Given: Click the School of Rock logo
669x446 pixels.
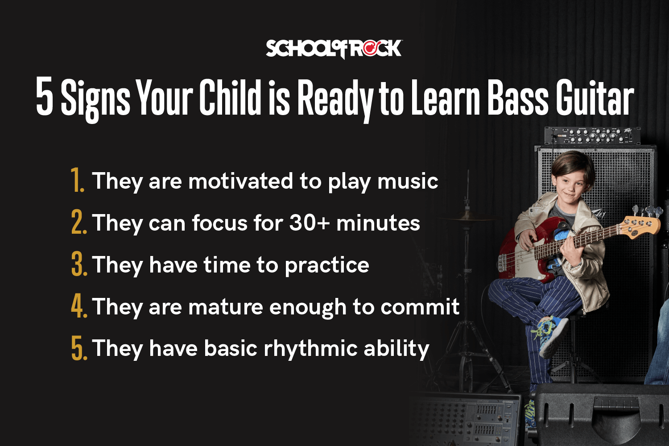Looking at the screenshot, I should click(334, 49).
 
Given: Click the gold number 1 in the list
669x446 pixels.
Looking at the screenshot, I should click(78, 181).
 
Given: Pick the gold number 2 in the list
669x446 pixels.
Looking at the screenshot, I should click(78, 223).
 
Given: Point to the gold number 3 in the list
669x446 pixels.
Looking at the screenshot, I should click(78, 264).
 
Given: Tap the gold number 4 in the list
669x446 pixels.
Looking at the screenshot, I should click(78, 306).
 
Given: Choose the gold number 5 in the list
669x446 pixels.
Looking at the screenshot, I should click(78, 348).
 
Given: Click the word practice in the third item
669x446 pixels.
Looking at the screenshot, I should click(327, 265).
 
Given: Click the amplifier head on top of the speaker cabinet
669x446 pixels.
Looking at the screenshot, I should click(592, 136).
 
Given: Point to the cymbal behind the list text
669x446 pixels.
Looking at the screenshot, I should click(464, 217).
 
